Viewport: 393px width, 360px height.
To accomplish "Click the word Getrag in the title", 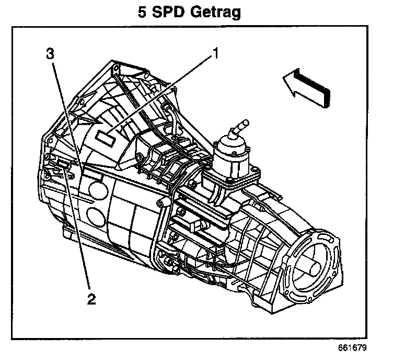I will tap(213, 13).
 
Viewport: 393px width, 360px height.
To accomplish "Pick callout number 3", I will tap(50, 53).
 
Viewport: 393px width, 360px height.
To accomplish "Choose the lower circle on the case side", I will tap(96, 215).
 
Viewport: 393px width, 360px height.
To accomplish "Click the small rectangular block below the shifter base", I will tap(201, 225).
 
